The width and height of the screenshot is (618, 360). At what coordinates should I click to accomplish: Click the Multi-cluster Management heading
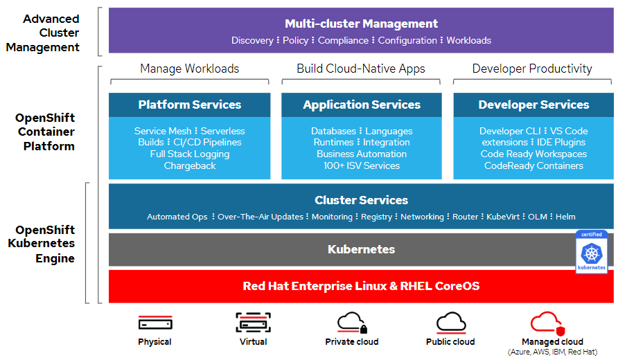[361, 24]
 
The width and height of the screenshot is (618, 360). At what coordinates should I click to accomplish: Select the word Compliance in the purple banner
[343, 41]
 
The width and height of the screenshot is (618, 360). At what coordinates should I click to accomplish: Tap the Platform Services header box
[189, 105]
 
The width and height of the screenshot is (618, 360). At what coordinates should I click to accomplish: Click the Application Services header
[361, 105]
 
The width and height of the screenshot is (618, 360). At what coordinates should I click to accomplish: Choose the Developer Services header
[533, 105]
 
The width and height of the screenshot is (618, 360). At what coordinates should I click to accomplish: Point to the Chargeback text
[189, 166]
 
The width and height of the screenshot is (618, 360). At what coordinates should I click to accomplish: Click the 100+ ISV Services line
[361, 166]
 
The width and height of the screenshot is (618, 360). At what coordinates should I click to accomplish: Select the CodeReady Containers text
[533, 166]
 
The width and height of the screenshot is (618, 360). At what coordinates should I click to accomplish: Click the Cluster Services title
[361, 200]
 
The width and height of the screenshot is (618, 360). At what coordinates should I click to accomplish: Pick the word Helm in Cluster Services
[565, 217]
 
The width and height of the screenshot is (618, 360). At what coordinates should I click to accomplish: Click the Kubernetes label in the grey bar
[361, 249]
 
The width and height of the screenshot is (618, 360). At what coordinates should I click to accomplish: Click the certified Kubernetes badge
[591, 253]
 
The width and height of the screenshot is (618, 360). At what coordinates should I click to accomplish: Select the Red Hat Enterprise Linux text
[361, 286]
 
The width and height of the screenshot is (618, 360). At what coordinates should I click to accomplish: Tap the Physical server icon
[154, 323]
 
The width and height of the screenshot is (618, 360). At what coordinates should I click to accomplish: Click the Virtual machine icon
[253, 323]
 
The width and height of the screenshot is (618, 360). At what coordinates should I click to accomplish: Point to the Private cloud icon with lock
[352, 323]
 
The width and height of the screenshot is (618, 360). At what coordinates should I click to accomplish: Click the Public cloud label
[450, 342]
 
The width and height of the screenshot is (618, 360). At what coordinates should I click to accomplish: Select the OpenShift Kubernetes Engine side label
[46, 244]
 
